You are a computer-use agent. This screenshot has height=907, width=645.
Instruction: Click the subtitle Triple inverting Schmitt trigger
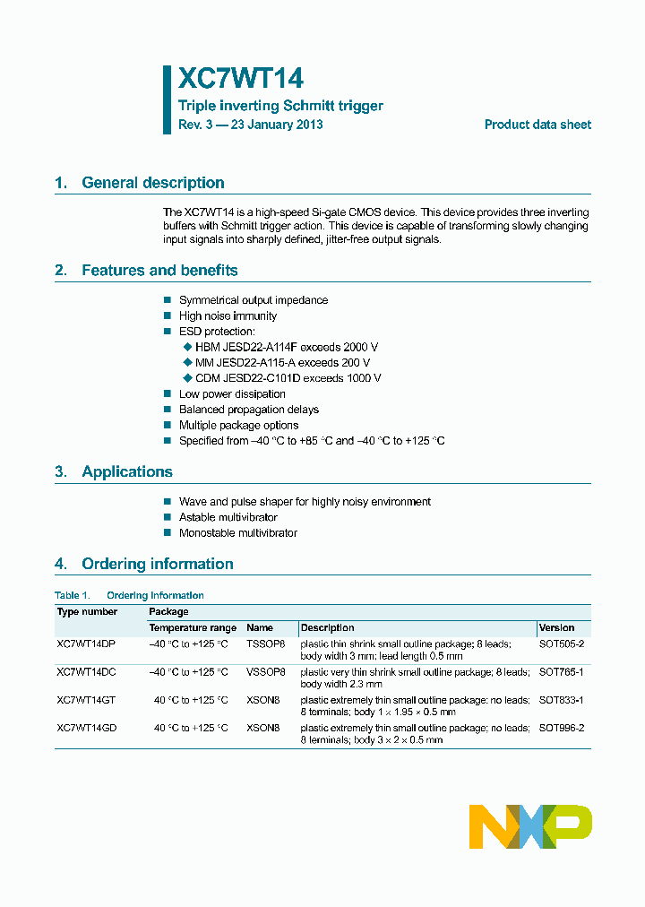(x=280, y=106)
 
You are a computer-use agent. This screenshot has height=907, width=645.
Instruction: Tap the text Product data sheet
(x=537, y=125)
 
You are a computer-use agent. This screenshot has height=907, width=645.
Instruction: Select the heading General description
(x=152, y=183)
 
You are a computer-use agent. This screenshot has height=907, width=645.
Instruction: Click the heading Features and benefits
(x=159, y=271)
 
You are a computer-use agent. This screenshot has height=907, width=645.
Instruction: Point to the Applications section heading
(x=126, y=472)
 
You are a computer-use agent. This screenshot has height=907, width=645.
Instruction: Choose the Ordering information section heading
(x=157, y=564)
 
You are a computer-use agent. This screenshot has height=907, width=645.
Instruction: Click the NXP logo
(x=530, y=826)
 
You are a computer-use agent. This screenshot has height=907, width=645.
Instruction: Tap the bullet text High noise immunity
(x=228, y=315)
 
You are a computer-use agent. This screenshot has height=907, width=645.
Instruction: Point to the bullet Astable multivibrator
(x=228, y=517)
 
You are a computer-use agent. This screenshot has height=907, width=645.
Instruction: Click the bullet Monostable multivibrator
(x=237, y=533)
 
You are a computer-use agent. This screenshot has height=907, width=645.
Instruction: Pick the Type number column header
(x=87, y=611)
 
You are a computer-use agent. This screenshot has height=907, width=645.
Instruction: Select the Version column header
(x=557, y=627)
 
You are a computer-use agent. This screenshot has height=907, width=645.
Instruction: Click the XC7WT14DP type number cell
(x=86, y=644)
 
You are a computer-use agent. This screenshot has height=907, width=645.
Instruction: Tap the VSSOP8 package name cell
(x=265, y=671)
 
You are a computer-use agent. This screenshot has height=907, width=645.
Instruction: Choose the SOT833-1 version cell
(x=561, y=700)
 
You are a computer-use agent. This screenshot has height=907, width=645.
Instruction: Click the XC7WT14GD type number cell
(x=87, y=729)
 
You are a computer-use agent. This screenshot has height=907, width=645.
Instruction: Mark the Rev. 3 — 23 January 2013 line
(x=251, y=125)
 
